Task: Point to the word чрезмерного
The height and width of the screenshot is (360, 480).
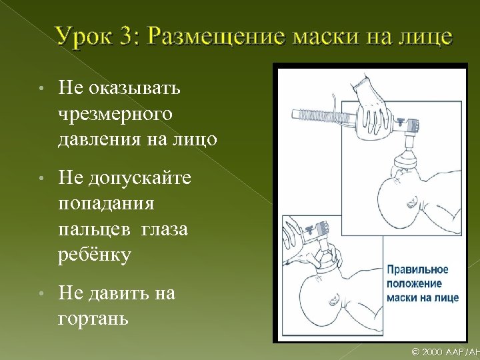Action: (115, 114)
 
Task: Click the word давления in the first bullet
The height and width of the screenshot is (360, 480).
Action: (101, 139)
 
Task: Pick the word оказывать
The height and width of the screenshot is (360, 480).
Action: (137, 87)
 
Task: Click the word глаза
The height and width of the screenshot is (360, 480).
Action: (164, 229)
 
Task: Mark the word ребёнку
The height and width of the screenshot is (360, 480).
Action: (95, 255)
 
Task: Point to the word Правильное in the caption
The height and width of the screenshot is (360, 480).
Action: (418, 271)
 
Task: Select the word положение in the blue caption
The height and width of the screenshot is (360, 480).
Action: (415, 284)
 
